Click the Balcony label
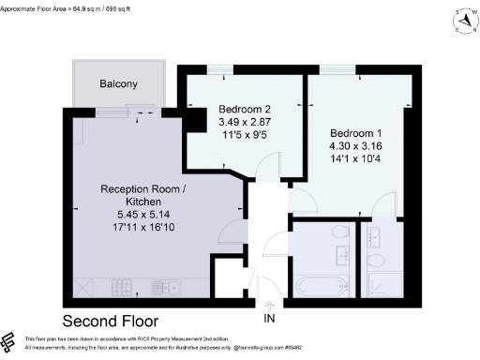119,84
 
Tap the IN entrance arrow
271,305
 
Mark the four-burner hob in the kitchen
122,287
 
